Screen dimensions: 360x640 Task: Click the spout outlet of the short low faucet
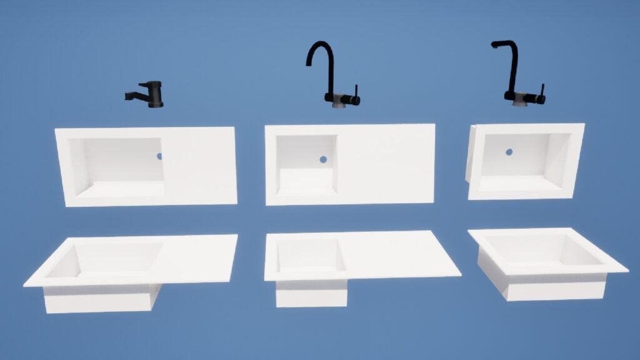127,97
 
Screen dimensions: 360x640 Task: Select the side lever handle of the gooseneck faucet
356,94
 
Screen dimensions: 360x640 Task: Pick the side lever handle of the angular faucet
542,94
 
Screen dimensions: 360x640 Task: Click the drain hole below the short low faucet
159,156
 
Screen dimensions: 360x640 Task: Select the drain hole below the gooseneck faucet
323,159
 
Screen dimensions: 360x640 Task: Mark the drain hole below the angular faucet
509,151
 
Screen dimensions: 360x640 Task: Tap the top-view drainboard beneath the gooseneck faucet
384,164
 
